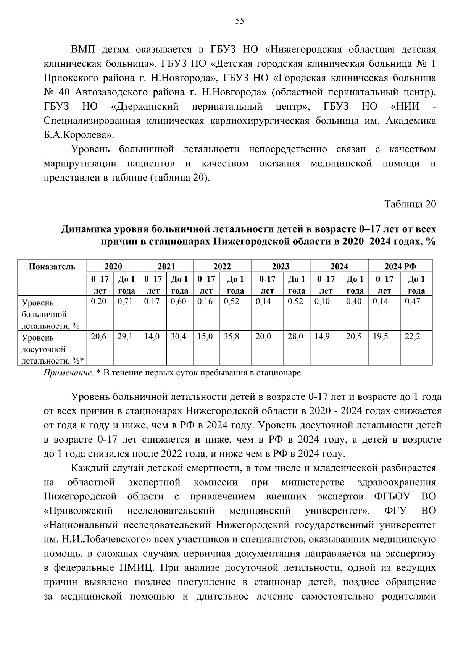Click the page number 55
coord(239,21)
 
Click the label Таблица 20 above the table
coord(410,204)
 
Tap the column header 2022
coord(222,267)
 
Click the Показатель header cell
coord(52,267)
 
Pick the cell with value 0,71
coord(125,302)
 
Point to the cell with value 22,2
coord(412,337)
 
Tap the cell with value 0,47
coord(412,302)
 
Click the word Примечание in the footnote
coord(68,373)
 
